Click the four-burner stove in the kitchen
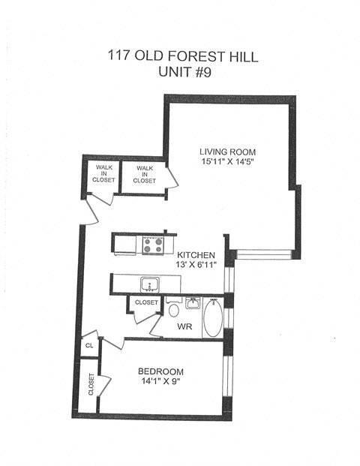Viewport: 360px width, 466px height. coord(153,244)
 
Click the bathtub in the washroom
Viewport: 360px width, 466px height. coord(212,317)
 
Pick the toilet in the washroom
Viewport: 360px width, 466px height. coord(174,310)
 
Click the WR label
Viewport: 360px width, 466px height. coord(184,327)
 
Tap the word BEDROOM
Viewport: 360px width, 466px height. coord(160,371)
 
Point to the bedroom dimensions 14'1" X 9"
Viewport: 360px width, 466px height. coord(160,383)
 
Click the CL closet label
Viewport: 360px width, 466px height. coord(88,346)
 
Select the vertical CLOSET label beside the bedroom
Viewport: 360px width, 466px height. coord(90,385)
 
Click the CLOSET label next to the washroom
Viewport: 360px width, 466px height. coord(145,302)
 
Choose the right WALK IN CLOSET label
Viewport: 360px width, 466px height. coord(144,175)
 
